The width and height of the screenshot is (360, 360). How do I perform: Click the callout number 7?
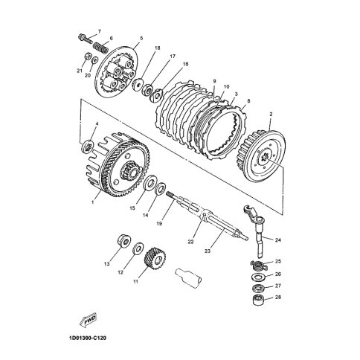click(100, 31)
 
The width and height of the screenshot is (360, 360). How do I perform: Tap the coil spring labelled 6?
click(100, 48)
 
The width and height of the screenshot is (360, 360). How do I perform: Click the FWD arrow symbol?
click(88, 320)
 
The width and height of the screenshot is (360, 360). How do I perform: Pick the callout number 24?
click(278, 240)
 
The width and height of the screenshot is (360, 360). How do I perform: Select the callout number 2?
click(271, 115)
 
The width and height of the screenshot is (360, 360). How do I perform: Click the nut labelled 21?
click(88, 57)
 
